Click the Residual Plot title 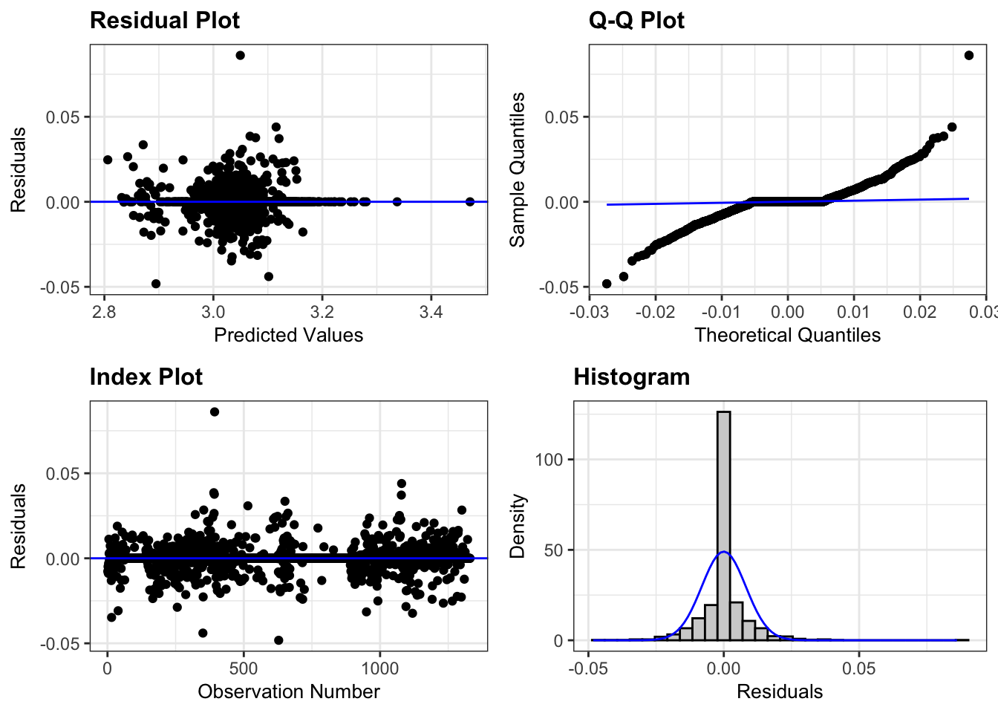point(164,20)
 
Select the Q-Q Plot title point(636,20)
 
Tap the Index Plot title point(146,377)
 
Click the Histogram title point(631,377)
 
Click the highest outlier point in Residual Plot point(240,55)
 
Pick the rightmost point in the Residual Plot point(470,201)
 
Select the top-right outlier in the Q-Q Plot point(969,55)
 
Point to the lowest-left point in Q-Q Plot point(607,284)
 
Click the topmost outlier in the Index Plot point(215,411)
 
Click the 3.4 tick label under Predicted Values point(431,312)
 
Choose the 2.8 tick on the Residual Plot point(104,312)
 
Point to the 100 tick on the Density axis point(549,460)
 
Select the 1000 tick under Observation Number point(379,668)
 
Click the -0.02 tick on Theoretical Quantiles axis point(655,312)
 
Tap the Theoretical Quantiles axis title point(787,335)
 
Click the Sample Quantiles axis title point(518,169)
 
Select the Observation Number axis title point(288,691)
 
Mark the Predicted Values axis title point(288,335)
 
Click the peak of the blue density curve point(723,553)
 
